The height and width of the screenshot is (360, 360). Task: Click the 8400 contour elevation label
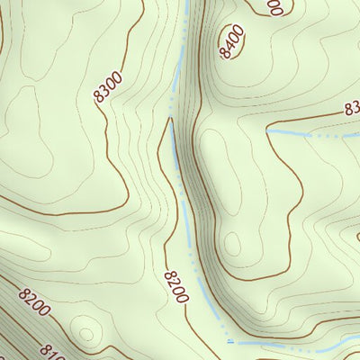pos(233,41)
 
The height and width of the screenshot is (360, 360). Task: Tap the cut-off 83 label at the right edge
pos(352,109)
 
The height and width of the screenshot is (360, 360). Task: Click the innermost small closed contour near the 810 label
pos(87,331)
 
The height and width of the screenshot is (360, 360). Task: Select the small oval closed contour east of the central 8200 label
pos(232,244)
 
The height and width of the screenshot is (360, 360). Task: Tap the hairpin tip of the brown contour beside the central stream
pos(168,120)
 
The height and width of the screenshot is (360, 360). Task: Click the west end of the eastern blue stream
pos(269,131)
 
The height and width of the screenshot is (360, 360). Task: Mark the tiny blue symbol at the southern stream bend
pos(230,342)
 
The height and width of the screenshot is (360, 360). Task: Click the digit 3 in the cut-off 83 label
pos(355,108)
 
